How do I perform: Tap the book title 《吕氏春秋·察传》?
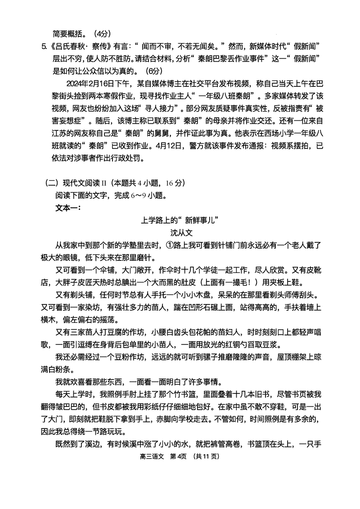(79, 46)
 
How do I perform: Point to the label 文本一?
(67, 208)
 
